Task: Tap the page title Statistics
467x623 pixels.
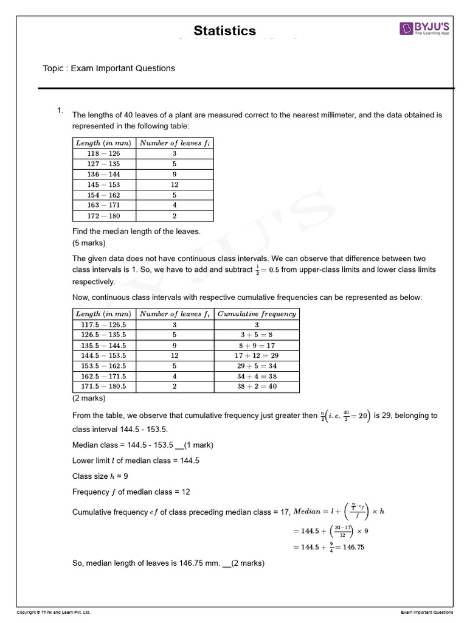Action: [x=224, y=31]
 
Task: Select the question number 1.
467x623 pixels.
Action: [x=60, y=110]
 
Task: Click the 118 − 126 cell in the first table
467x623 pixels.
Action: [x=103, y=154]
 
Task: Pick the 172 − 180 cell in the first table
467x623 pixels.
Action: [x=103, y=216]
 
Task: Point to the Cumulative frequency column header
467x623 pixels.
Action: [x=257, y=314]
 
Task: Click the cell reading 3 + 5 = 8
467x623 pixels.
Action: [x=257, y=335]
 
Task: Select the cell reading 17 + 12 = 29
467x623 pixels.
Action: [x=257, y=355]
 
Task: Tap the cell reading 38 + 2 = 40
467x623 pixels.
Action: [x=257, y=386]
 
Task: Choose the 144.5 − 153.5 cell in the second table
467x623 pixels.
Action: [x=103, y=355]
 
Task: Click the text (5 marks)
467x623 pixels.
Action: [x=89, y=243]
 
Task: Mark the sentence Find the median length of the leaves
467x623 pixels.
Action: [x=136, y=231]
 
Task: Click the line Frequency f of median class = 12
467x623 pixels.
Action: [x=131, y=492]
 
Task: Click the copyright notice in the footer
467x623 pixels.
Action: [x=54, y=612]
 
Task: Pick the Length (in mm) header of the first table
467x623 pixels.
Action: [x=103, y=143]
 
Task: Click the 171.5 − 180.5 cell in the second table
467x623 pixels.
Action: [x=103, y=386]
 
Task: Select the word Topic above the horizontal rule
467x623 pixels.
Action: [x=54, y=68]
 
